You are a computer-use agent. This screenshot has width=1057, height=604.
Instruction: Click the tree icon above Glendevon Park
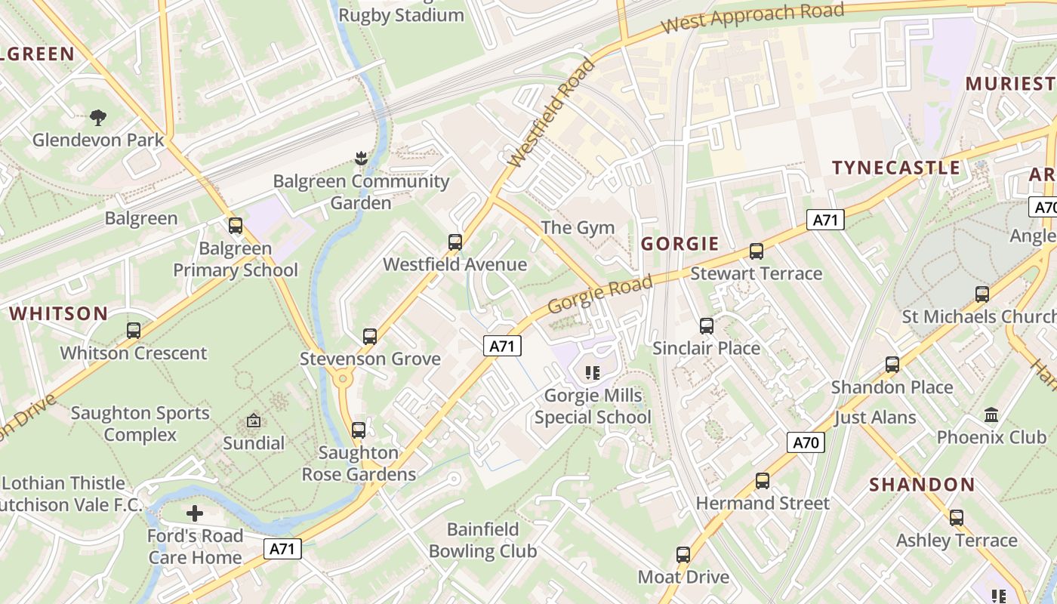(x=98, y=117)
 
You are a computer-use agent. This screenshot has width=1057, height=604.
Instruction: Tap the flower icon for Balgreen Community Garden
(x=361, y=158)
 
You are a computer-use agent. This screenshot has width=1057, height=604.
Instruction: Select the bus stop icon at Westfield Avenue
(x=455, y=242)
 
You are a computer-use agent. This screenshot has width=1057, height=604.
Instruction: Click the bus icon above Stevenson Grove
(x=369, y=336)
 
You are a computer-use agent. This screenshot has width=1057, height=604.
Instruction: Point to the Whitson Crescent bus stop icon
(x=134, y=330)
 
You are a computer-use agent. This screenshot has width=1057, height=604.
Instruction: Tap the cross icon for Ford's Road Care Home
(x=195, y=513)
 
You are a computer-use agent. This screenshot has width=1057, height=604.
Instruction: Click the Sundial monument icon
(x=254, y=421)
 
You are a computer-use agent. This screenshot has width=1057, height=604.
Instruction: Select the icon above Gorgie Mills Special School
(x=593, y=372)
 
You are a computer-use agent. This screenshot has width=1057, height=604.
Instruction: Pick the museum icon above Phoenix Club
(x=991, y=414)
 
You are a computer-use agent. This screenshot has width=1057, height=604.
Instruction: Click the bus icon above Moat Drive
(x=683, y=554)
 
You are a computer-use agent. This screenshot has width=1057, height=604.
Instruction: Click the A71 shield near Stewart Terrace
(x=825, y=220)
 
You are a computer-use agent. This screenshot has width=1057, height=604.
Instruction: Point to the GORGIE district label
(x=679, y=244)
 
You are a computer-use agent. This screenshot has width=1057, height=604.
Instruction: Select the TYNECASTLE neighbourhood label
(x=895, y=168)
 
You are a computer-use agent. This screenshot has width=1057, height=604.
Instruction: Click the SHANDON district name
(x=922, y=485)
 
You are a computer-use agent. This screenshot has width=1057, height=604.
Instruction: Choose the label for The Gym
(x=578, y=227)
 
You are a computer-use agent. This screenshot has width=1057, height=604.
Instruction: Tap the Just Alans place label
(x=875, y=418)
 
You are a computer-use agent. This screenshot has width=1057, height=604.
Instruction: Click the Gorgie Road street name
(x=599, y=294)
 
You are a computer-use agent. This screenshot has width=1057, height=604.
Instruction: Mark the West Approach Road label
(x=752, y=17)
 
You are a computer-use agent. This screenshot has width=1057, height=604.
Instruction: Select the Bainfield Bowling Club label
(x=482, y=540)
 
